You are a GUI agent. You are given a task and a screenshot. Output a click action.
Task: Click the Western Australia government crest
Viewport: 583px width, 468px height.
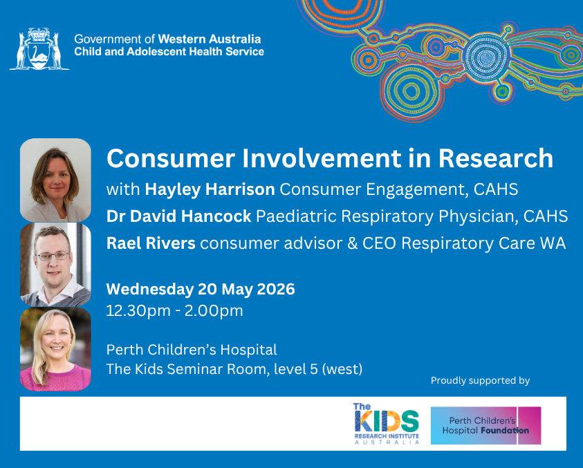(x=39, y=48)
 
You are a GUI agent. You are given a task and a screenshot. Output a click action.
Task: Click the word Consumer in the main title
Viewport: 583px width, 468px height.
(x=171, y=158)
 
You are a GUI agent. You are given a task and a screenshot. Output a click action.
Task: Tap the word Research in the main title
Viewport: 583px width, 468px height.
(x=496, y=158)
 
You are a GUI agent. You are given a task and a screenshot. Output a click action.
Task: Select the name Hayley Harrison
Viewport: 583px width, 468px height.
(x=210, y=189)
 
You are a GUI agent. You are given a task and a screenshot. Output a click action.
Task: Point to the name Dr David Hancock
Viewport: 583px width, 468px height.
(x=179, y=216)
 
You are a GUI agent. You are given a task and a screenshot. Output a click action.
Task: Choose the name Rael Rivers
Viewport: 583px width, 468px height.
(x=151, y=243)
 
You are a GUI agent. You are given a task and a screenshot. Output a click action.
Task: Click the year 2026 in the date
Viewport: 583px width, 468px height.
(x=276, y=289)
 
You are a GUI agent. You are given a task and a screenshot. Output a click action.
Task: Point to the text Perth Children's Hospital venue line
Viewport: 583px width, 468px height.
(x=192, y=350)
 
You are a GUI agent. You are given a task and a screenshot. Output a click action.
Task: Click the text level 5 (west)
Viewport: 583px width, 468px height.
(x=318, y=369)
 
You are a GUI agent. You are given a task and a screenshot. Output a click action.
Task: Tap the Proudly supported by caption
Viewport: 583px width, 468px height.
(x=480, y=381)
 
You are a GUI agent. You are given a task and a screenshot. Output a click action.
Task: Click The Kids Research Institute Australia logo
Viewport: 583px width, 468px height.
(x=387, y=423)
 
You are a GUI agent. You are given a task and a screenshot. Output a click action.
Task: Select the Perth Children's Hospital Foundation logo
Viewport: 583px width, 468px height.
(x=485, y=425)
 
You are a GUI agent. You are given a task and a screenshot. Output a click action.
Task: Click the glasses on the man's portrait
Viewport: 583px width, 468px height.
(x=53, y=256)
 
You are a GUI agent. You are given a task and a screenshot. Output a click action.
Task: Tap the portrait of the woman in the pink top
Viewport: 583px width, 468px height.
(x=55, y=349)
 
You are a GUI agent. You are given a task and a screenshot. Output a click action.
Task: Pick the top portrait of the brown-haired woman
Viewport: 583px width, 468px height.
(x=55, y=180)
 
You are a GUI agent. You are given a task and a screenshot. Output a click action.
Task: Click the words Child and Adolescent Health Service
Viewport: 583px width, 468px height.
(x=169, y=51)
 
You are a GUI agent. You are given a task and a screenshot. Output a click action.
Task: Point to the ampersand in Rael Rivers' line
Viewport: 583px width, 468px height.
(x=352, y=243)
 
